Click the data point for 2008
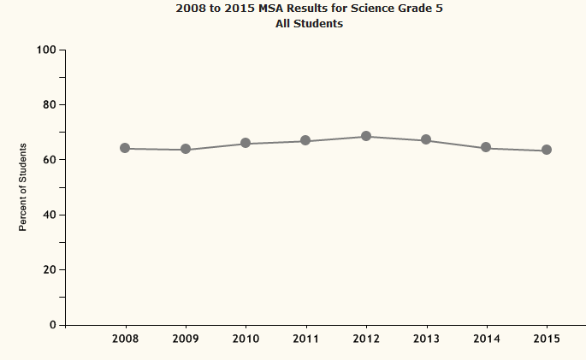coord(125,148)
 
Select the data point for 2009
coord(186,150)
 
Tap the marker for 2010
coord(246,143)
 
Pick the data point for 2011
coord(305,141)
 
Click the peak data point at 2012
coord(366,136)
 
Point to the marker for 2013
coord(426,140)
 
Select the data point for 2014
coord(486,147)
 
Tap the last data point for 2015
coord(547,150)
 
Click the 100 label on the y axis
coord(46,50)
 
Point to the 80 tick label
coord(50,104)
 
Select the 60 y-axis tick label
coord(50,160)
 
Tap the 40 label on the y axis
coord(50,215)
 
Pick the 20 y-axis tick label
coord(50,269)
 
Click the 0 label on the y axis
coord(53,325)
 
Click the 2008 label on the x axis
coord(126,339)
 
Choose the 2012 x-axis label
coord(366,339)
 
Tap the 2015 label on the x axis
coord(547,339)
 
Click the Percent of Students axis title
coord(24,187)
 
